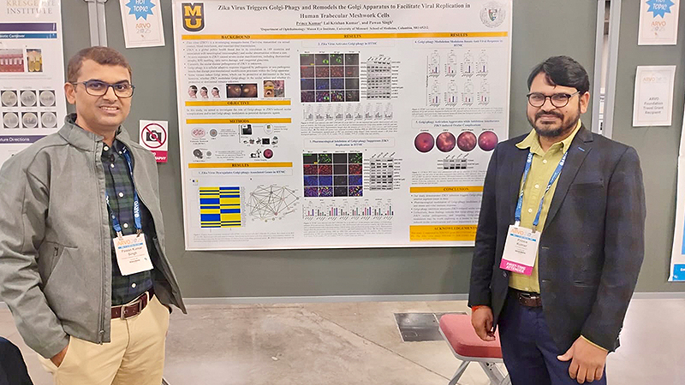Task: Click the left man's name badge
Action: tap(132, 253)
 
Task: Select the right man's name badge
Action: tap(520, 249)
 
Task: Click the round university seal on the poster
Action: tap(491, 15)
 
